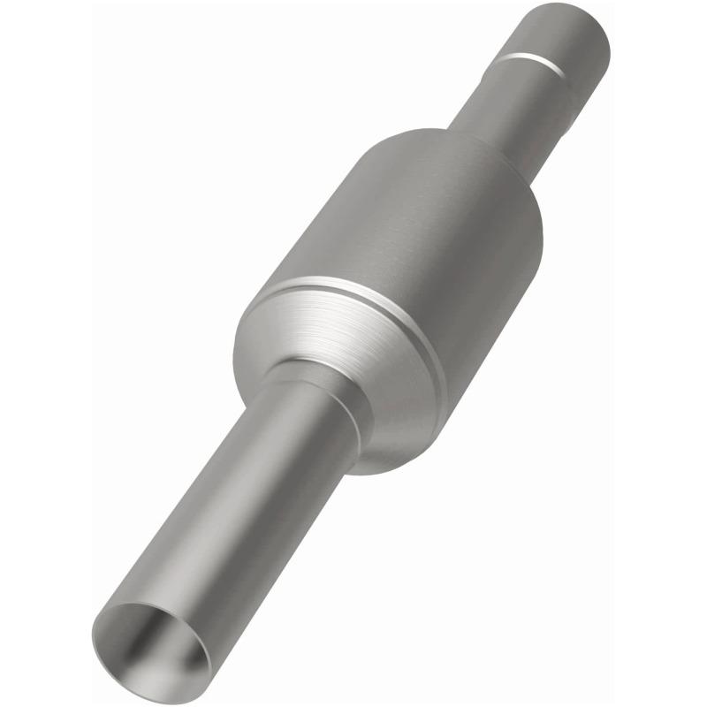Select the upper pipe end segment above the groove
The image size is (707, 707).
pos(566,35)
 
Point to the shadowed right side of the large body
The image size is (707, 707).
pos(495,292)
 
